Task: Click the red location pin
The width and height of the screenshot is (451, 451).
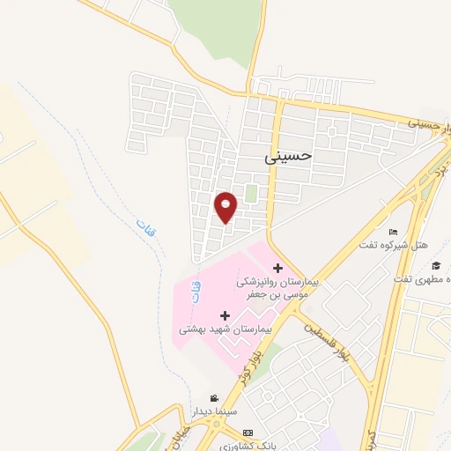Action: [226, 206]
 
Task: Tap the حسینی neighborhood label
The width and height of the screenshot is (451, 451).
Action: [288, 156]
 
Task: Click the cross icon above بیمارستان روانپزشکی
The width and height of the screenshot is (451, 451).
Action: [277, 268]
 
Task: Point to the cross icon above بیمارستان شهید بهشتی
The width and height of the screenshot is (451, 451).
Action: [225, 314]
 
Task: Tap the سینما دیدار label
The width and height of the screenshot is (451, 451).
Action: [213, 411]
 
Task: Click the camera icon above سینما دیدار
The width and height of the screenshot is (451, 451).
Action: [213, 398]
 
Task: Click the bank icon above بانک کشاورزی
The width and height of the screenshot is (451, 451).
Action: [248, 433]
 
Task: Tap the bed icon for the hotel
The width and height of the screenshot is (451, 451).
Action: [393, 231]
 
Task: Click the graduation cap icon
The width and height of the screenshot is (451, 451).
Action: [435, 265]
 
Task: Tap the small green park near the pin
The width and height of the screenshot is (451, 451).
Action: [251, 193]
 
